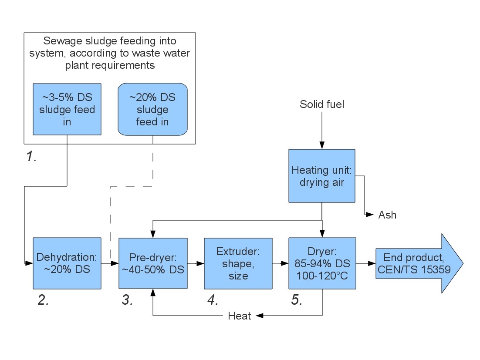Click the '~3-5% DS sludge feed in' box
[x=67, y=109]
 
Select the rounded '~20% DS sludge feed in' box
[x=152, y=109]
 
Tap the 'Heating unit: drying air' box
[x=321, y=176]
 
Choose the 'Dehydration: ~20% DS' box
[x=67, y=263]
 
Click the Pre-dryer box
[x=153, y=263]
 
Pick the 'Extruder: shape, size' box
[x=238, y=263]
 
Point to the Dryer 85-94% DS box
[x=322, y=263]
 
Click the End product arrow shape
[x=414, y=263]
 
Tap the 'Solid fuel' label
[x=322, y=104]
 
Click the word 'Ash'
[x=387, y=215]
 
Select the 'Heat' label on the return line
[x=240, y=316]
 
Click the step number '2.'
[x=43, y=300]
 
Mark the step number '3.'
[x=128, y=300]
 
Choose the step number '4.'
[x=213, y=300]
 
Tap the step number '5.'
[x=297, y=300]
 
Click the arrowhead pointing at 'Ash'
[x=370, y=215]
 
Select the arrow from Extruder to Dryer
[x=280, y=263]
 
